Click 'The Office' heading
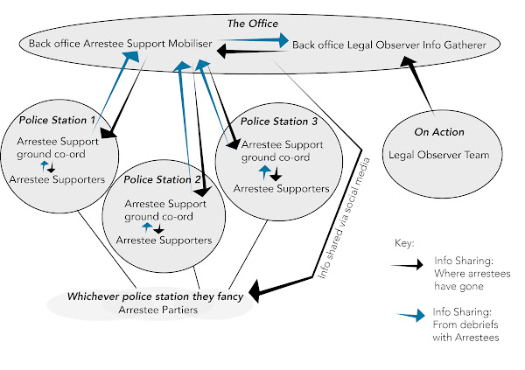coord(262,24)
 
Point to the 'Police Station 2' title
coord(164,179)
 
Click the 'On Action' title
coord(439,132)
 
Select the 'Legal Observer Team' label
coord(439,156)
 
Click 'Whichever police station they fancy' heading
coord(154,296)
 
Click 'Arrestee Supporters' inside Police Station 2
coord(164,239)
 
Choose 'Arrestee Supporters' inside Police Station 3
coord(281,187)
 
